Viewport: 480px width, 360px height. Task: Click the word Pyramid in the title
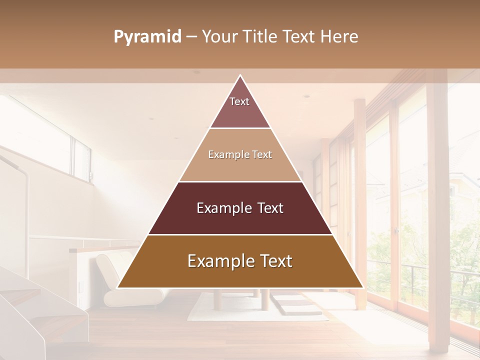point(147,37)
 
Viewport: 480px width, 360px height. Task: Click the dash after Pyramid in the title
point(191,37)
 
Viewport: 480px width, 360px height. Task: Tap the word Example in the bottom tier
point(217,261)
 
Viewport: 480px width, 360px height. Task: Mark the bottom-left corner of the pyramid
point(118,287)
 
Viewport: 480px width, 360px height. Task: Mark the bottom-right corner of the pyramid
point(362,287)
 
